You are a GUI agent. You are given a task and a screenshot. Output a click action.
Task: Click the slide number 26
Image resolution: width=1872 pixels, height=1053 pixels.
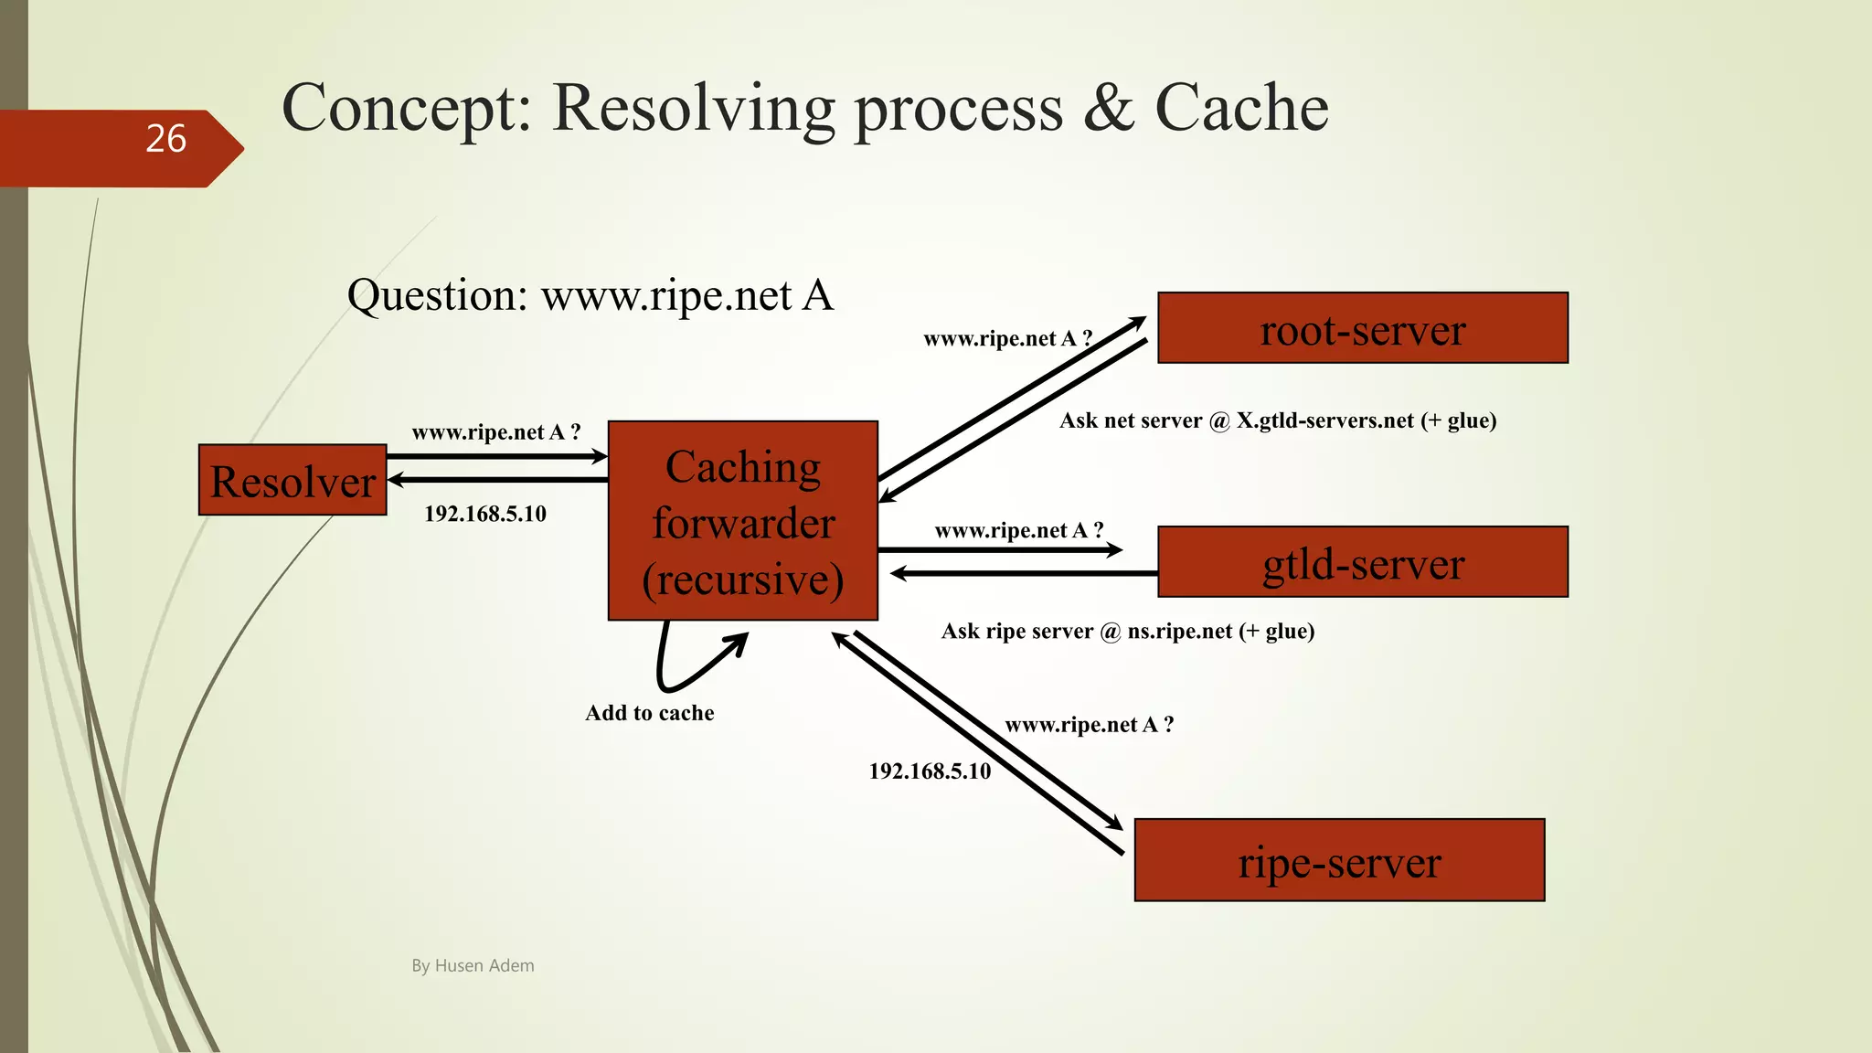click(165, 139)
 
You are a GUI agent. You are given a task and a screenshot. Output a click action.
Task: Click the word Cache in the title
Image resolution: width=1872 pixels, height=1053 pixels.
click(1240, 108)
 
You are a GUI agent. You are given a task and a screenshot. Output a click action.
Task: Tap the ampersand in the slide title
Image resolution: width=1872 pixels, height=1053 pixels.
click(1109, 108)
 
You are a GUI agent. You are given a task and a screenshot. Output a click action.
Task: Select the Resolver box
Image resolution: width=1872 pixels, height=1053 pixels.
click(292, 481)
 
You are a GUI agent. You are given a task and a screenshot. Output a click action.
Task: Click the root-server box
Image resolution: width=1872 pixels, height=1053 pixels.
click(1362, 329)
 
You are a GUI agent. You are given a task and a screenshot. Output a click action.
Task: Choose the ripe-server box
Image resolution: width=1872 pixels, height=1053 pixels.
click(1339, 861)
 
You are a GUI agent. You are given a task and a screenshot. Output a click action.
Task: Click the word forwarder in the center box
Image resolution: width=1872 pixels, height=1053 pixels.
click(743, 524)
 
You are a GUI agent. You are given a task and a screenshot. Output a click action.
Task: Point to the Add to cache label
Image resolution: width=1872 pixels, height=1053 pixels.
click(649, 713)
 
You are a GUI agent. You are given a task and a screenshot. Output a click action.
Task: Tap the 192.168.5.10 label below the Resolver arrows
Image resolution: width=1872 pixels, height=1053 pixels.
click(484, 514)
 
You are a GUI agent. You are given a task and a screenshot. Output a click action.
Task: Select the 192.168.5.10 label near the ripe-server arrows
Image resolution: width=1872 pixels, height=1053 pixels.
click(929, 771)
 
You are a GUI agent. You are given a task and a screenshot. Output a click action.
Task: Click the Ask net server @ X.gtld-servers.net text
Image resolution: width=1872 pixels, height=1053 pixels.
click(1277, 421)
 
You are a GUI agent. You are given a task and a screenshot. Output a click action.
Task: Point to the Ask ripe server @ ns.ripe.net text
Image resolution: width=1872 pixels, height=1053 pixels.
click(1127, 632)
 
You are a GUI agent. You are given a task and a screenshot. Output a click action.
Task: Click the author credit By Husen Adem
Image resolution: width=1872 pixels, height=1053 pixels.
click(473, 966)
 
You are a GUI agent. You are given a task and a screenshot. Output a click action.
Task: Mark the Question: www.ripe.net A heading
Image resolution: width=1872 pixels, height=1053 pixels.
click(590, 296)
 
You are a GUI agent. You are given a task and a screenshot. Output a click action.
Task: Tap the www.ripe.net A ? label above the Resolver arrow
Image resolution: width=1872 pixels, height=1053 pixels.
click(495, 432)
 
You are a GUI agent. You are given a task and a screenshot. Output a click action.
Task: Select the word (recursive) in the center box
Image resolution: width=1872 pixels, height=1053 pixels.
click(743, 580)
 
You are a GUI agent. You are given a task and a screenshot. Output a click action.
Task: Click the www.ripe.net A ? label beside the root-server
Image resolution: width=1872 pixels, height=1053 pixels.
click(1007, 339)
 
